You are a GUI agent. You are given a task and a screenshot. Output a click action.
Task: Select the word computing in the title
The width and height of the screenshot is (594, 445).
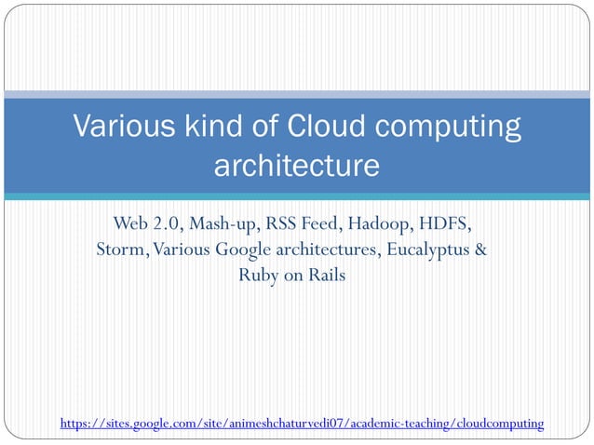453,128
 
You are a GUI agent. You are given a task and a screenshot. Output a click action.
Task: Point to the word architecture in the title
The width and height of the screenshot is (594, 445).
297,167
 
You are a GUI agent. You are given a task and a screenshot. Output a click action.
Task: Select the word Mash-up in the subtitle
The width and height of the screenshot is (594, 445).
223,225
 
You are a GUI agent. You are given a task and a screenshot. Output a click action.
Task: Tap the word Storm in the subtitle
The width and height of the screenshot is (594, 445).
121,250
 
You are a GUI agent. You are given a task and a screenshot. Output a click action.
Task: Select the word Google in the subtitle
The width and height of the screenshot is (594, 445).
243,251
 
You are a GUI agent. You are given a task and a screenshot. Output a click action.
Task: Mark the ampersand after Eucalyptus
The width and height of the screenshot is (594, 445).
480,250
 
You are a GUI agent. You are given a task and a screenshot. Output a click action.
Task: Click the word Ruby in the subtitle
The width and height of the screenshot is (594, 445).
260,276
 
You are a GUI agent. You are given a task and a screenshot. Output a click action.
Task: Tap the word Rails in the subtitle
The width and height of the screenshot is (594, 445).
327,276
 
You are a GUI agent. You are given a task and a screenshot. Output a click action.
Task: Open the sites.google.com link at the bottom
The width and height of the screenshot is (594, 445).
302,425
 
